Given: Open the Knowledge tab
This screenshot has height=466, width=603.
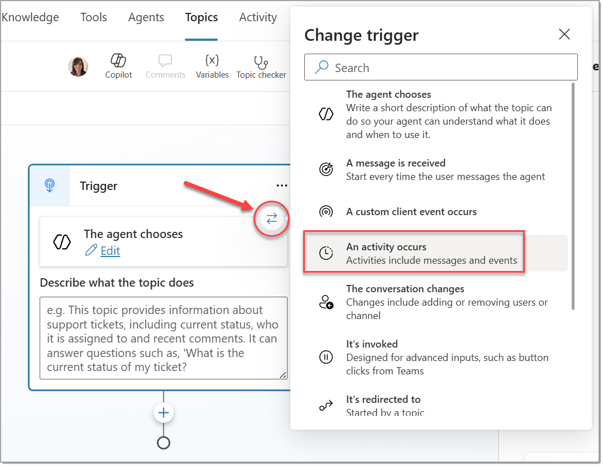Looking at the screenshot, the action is (x=30, y=17).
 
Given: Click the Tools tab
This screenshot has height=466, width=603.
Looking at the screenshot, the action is (x=93, y=17).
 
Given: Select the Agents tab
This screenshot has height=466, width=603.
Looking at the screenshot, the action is (x=146, y=18).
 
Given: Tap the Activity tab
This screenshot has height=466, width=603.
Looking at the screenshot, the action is (x=258, y=18).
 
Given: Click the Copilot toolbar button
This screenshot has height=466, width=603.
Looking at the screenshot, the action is (x=118, y=66).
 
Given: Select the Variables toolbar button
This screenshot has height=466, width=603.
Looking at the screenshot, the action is (x=212, y=66).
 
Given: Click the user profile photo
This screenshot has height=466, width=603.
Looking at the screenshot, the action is (x=78, y=66).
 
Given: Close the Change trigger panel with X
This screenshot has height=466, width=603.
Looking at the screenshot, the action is (x=564, y=34).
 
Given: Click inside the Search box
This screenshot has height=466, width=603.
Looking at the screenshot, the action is (x=441, y=68).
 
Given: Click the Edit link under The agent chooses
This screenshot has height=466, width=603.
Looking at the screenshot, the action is (x=110, y=251).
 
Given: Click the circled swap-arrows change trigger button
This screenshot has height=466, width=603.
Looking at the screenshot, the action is (x=272, y=218).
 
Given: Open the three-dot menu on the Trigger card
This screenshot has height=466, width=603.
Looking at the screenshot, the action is (x=282, y=186).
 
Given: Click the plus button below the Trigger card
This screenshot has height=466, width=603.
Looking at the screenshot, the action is (x=164, y=413).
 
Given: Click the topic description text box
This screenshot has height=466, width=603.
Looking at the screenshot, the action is (x=164, y=338).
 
